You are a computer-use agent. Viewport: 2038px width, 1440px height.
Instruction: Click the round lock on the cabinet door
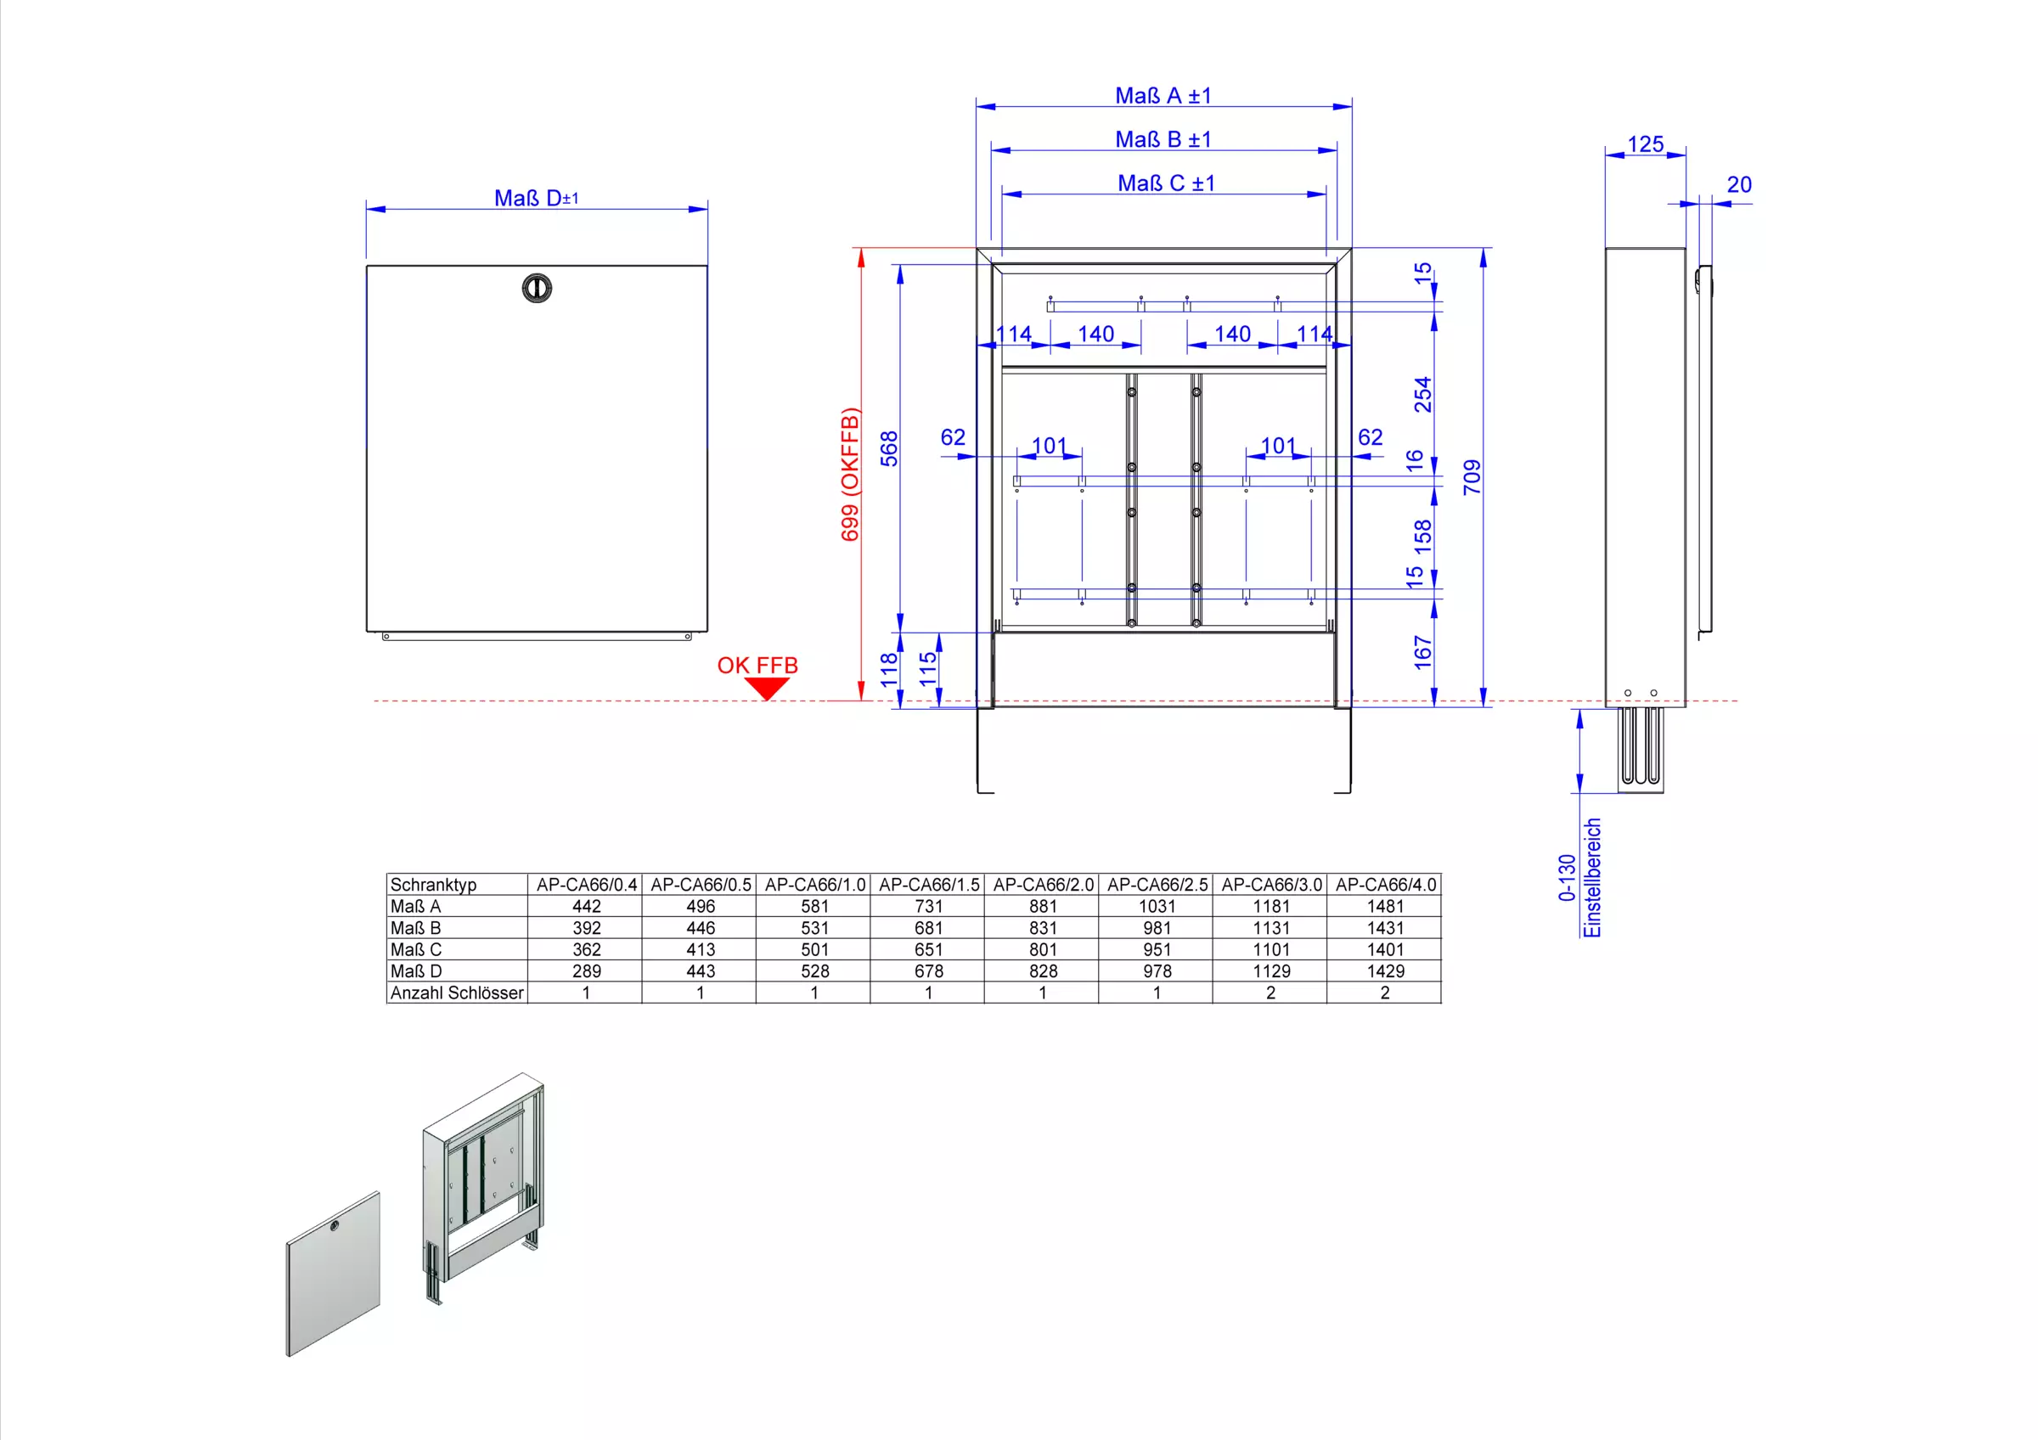(537, 288)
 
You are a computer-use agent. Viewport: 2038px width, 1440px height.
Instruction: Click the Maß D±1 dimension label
(536, 198)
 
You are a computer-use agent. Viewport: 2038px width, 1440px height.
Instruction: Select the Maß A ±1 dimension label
(1163, 96)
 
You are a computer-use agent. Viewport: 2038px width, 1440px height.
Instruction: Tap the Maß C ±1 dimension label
(1165, 183)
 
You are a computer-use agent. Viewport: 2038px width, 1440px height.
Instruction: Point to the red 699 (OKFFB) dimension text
(849, 474)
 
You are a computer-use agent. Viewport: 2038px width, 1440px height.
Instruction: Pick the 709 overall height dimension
(1472, 477)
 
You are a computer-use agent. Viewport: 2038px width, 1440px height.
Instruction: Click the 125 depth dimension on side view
(1645, 143)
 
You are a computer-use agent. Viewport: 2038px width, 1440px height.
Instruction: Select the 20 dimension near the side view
(1739, 184)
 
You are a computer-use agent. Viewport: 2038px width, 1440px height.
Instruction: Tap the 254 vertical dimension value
(1423, 395)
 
